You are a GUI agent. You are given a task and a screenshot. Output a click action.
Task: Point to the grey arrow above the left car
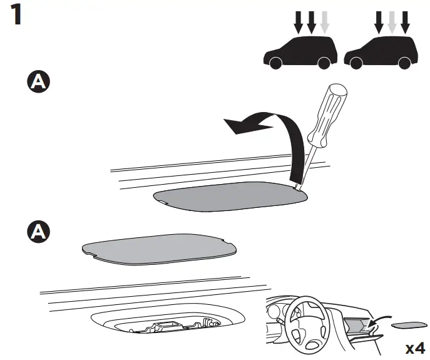pos(324,23)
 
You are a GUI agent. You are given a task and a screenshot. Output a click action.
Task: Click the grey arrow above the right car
pos(392,23)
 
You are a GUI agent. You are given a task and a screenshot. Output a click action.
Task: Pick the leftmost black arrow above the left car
pos(297,23)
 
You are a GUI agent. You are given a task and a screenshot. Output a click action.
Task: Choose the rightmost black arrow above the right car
pos(405,23)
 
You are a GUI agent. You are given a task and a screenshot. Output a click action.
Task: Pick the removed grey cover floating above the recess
pos(159,250)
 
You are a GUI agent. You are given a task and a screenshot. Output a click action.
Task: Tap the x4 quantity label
pos(415,347)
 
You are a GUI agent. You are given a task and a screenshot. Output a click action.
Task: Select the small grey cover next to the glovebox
pos(407,325)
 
